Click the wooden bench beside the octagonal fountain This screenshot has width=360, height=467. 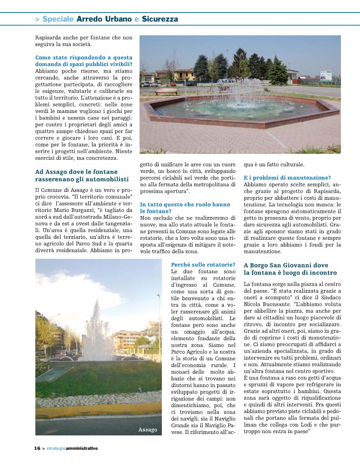[x=167, y=92]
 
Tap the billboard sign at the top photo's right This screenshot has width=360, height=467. [x=327, y=76]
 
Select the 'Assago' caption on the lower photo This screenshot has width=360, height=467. [x=147, y=430]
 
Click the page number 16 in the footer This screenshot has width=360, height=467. [x=37, y=448]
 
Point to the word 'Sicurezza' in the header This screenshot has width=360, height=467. [x=160, y=19]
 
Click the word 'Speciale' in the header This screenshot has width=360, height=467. [x=58, y=19]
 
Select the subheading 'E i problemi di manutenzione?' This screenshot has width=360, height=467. [x=287, y=178]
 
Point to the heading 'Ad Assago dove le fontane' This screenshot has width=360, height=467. [x=76, y=172]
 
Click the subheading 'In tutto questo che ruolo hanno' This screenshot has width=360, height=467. [x=185, y=204]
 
